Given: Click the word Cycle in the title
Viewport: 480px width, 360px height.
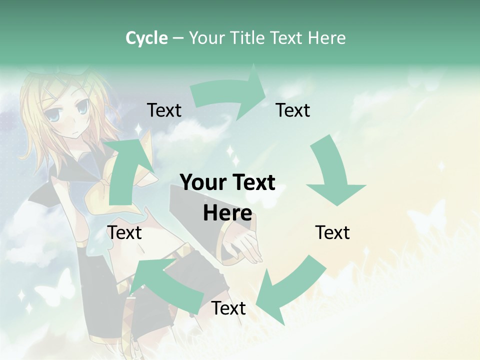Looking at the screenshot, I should [146, 38].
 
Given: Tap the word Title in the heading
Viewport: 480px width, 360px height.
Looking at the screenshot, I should [247, 38].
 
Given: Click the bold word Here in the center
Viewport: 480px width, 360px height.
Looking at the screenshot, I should [227, 213].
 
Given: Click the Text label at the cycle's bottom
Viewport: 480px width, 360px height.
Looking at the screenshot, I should [228, 308].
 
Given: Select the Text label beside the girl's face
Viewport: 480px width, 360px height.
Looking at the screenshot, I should [164, 110].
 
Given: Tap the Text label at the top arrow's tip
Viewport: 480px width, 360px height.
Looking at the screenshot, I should [293, 110].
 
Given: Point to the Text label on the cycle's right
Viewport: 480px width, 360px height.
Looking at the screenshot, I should [332, 232].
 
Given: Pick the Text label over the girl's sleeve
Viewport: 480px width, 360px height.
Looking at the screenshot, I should [125, 232].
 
